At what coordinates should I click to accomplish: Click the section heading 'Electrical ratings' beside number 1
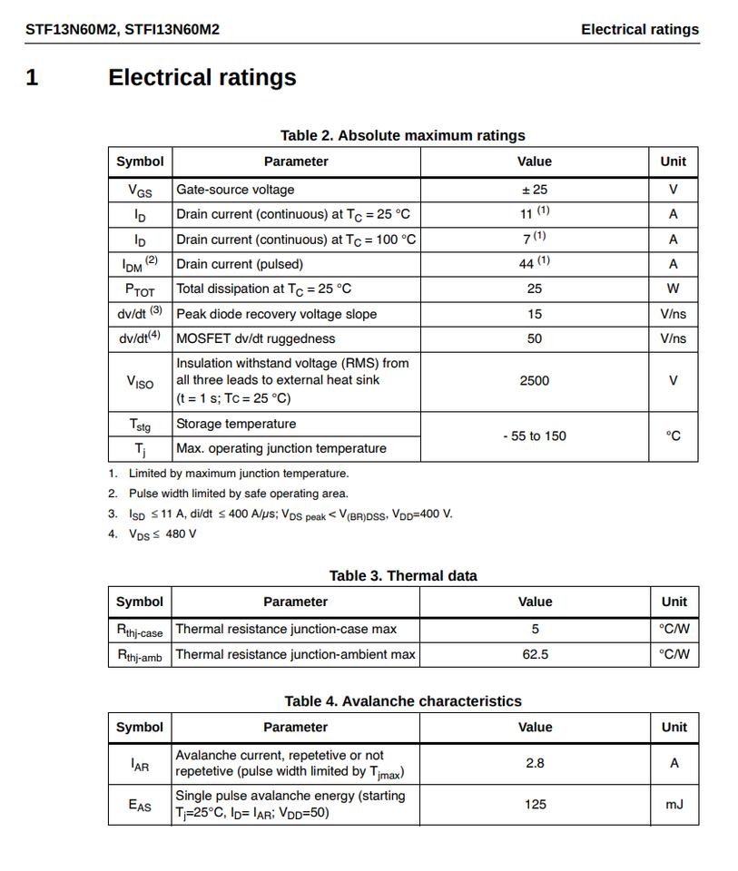click(x=202, y=78)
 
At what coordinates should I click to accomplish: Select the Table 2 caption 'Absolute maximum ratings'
click(x=402, y=135)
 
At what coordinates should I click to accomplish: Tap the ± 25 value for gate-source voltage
click(x=534, y=190)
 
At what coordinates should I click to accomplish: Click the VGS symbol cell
click(x=140, y=191)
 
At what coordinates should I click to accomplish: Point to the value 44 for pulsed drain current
click(x=527, y=264)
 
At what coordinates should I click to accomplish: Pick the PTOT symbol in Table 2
click(x=140, y=289)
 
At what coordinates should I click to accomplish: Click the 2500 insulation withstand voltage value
click(x=534, y=381)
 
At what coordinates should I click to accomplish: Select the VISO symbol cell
click(x=140, y=382)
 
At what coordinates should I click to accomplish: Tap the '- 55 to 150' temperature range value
click(x=534, y=436)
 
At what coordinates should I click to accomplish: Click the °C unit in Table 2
click(x=673, y=436)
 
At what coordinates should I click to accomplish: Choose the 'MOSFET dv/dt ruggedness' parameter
click(x=255, y=338)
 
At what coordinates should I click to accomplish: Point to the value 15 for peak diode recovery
click(x=534, y=314)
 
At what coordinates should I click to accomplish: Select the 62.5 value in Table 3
click(x=535, y=654)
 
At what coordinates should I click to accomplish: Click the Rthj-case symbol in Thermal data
click(x=140, y=630)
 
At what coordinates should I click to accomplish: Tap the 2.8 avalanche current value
click(x=535, y=763)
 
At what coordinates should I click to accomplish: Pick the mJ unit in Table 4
click(x=674, y=804)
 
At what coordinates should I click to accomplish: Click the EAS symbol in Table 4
click(x=140, y=805)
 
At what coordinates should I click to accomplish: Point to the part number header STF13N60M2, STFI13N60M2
click(x=123, y=30)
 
